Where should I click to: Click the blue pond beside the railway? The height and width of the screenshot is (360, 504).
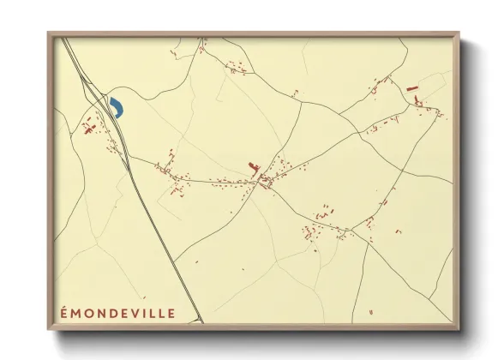tap(116, 108)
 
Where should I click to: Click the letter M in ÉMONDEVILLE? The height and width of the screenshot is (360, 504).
tap(75, 313)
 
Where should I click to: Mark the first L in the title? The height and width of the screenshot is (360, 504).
tap(150, 313)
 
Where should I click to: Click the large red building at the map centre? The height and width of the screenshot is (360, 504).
tap(252, 166)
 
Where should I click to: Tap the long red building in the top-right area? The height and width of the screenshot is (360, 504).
tap(410, 88)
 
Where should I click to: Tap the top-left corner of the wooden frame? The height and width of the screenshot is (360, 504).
tap(49, 33)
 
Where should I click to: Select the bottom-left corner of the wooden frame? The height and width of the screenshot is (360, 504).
tap(49, 332)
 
